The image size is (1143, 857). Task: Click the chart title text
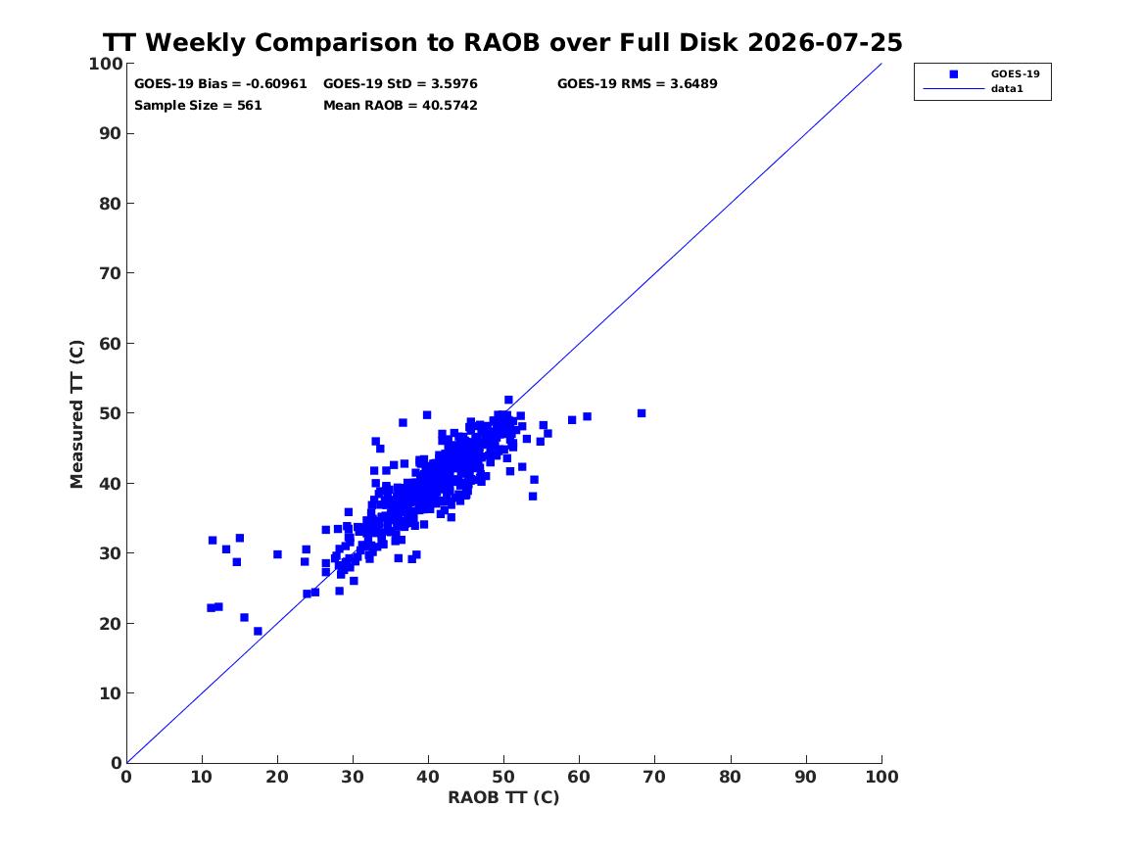[x=502, y=42]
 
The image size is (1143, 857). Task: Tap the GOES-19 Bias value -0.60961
[x=276, y=84]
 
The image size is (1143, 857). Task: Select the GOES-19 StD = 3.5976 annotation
[x=401, y=84]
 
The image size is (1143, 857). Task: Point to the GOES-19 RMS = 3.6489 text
[x=637, y=84]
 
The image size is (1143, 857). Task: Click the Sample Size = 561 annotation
[x=198, y=106]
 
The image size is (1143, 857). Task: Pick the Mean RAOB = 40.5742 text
[x=401, y=106]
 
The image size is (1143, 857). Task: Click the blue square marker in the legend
[x=953, y=74]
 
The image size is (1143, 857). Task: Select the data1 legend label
[x=1007, y=89]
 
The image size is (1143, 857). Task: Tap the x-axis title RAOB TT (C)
[x=503, y=797]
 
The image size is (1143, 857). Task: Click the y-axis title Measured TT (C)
[x=76, y=414]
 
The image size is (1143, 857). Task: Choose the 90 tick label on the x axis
[x=806, y=777]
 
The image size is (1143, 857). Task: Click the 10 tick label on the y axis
[x=110, y=693]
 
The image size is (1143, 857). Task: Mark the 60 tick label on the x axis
[x=580, y=777]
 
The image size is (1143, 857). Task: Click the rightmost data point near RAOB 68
[x=642, y=413]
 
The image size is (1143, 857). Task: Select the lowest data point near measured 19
[x=258, y=631]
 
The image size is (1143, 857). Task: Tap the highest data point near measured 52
[x=508, y=400]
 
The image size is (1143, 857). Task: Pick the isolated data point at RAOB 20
[x=278, y=554]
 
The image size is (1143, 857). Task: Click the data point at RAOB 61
[x=587, y=417]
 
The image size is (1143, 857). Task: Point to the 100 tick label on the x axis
[x=882, y=777]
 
